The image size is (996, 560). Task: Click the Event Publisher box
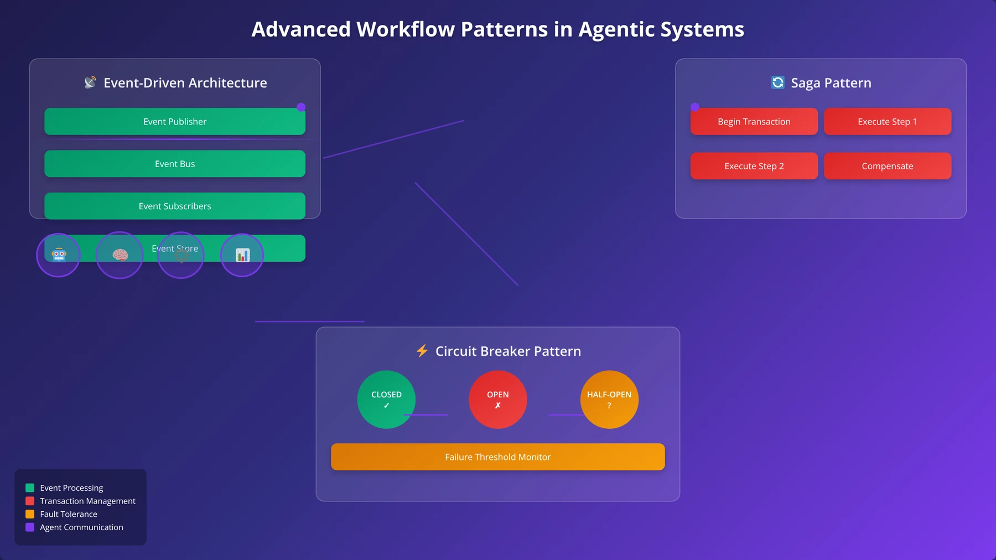tap(175, 121)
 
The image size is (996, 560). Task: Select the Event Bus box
tap(175, 164)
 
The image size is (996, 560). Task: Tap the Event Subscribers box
tap(175, 206)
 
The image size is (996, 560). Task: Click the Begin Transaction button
tap(754, 121)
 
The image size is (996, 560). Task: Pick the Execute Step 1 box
tap(888, 121)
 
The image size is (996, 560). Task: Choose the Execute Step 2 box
tap(754, 166)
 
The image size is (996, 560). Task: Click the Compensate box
tap(888, 166)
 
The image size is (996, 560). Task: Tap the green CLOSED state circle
tap(386, 400)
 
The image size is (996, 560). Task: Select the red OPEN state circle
tap(498, 400)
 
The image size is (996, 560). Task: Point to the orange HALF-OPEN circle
tap(609, 400)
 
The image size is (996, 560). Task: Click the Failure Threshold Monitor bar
tap(498, 457)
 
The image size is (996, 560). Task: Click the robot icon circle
tap(59, 255)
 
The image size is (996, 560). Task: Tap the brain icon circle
tap(120, 255)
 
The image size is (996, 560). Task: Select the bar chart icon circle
tap(242, 255)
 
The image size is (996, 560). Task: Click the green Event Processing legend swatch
tap(30, 488)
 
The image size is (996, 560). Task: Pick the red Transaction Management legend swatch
tap(30, 501)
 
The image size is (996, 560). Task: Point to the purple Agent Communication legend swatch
tap(30, 527)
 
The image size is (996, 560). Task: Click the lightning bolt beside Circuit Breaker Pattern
tap(422, 351)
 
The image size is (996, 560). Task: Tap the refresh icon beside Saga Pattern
tap(778, 82)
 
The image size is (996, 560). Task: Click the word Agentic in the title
tap(611, 30)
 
